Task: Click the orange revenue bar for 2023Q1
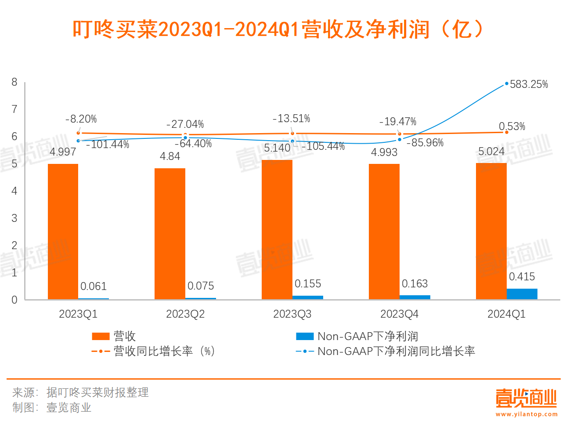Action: coord(63,232)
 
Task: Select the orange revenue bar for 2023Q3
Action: coord(277,229)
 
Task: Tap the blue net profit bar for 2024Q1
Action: coord(522,294)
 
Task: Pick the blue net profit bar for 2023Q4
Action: coord(415,297)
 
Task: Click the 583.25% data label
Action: coord(529,84)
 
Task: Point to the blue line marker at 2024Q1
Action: coord(507,83)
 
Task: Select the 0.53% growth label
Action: coord(512,127)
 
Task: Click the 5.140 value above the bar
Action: coord(277,148)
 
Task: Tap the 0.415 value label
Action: coord(522,277)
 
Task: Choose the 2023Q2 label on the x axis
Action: coord(185,314)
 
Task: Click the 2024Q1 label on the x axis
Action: coord(506,314)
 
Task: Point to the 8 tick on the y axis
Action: coord(14,82)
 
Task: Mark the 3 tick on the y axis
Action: coord(14,218)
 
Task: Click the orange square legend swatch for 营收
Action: coord(100,337)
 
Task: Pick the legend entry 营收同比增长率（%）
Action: coord(164,352)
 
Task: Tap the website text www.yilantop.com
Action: coord(526,414)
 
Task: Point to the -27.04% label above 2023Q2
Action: coord(185,124)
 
